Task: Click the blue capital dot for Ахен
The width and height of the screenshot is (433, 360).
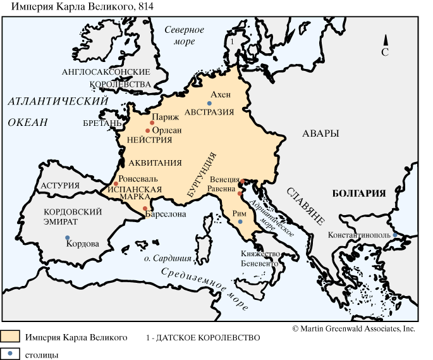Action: click(x=209, y=103)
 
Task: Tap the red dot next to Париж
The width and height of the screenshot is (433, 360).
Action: click(x=152, y=123)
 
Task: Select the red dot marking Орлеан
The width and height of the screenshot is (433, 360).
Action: click(x=147, y=130)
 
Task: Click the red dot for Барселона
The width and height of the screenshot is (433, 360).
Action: click(x=145, y=208)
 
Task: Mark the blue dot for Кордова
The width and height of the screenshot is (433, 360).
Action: click(x=67, y=238)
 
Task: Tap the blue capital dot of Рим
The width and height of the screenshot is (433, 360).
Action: click(x=240, y=221)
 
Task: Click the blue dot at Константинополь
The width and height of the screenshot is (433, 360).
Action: click(x=395, y=235)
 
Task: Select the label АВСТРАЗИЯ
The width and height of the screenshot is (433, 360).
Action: click(x=209, y=112)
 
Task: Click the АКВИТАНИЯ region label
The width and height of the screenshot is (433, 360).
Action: click(x=151, y=163)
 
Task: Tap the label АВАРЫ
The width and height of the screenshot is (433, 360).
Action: click(x=320, y=133)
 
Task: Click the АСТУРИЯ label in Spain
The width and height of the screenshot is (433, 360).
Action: click(x=59, y=185)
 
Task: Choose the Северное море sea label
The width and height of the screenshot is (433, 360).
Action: click(x=184, y=35)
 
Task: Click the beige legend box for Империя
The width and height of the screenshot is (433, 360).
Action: click(x=11, y=337)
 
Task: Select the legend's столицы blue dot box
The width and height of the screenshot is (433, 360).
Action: click(x=11, y=354)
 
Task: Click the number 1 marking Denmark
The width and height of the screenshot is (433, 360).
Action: click(x=232, y=40)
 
